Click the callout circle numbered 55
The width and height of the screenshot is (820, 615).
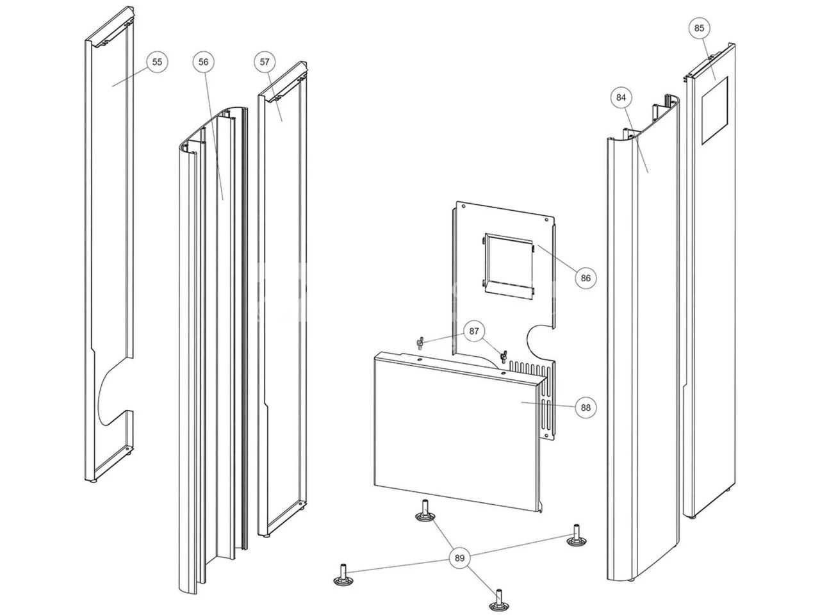coord(158,61)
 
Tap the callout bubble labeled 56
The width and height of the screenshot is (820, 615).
coord(203,61)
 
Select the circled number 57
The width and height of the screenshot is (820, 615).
coord(265,61)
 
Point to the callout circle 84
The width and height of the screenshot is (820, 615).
coord(621,97)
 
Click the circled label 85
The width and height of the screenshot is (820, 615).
coord(699,28)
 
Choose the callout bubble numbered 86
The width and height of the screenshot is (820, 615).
coord(586,278)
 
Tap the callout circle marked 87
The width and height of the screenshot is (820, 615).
coord(473,331)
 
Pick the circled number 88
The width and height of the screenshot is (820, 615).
coord(586,407)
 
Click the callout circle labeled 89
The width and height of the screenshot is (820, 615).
coord(459,558)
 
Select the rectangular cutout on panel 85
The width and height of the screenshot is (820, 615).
coord(714,111)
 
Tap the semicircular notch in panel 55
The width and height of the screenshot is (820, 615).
coord(112,391)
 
